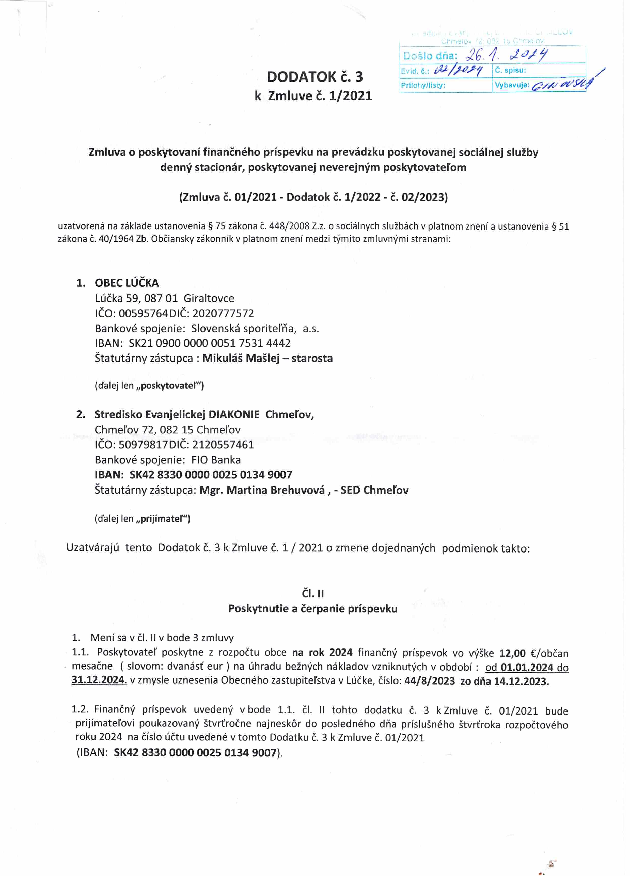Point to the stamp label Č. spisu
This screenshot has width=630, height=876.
pyautogui.click(x=510, y=70)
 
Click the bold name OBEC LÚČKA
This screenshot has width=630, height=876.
pyautogui.click(x=127, y=283)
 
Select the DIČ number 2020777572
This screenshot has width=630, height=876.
pyautogui.click(x=223, y=313)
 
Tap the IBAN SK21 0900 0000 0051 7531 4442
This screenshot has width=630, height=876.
pyautogui.click(x=210, y=343)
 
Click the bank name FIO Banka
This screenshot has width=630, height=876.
pyautogui.click(x=216, y=460)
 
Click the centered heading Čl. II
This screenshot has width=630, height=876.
pyautogui.click(x=313, y=593)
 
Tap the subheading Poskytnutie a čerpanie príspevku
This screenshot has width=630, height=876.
pyautogui.click(x=313, y=609)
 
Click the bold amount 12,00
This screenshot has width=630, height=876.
pyautogui.click(x=512, y=653)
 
